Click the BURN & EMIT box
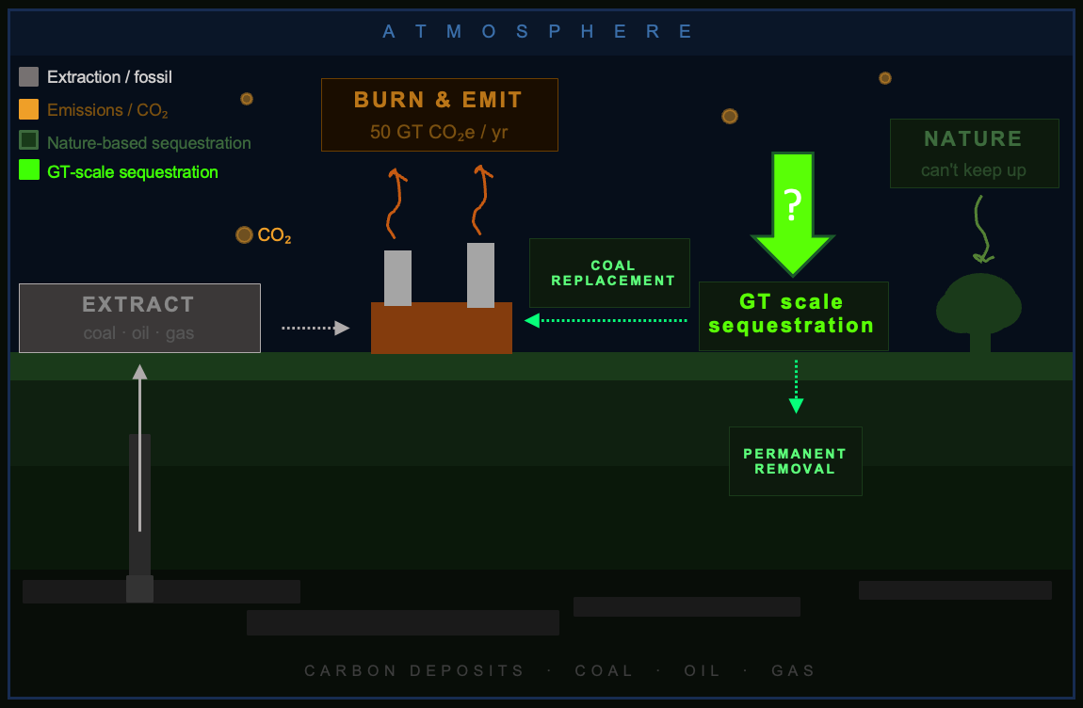pyautogui.click(x=440, y=115)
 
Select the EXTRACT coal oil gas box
pyautogui.click(x=139, y=318)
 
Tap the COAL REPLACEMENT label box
pyautogui.click(x=609, y=273)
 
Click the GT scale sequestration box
pyautogui.click(x=793, y=315)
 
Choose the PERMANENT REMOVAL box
pyautogui.click(x=795, y=461)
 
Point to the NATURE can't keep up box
pyautogui.click(x=974, y=153)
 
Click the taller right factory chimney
pyautogui.click(x=480, y=275)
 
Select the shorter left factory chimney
pyautogui.click(x=397, y=278)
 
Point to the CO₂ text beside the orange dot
pyautogui.click(x=274, y=235)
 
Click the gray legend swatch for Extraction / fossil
pyautogui.click(x=29, y=77)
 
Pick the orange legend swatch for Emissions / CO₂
pyautogui.click(x=29, y=109)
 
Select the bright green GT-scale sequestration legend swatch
pyautogui.click(x=29, y=170)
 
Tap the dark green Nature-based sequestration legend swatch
pyautogui.click(x=29, y=140)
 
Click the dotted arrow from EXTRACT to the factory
pyautogui.click(x=315, y=328)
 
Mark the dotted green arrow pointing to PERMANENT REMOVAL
pyautogui.click(x=796, y=386)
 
